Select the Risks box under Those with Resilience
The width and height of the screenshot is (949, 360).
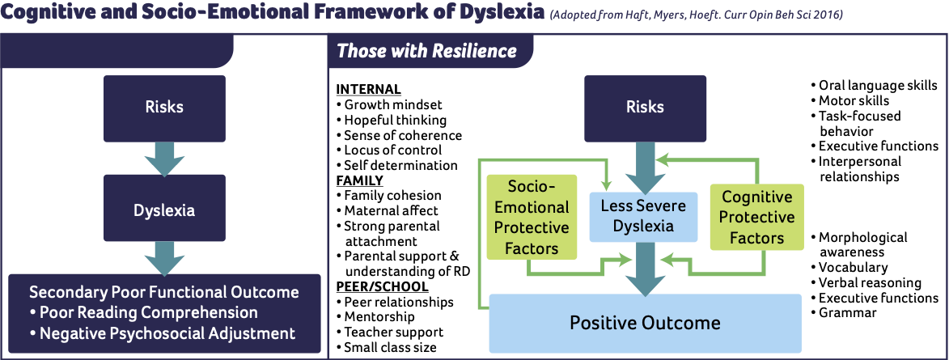[x=645, y=108]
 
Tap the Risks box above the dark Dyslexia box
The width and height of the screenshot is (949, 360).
[x=164, y=108]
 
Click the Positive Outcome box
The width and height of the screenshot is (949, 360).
[x=645, y=323]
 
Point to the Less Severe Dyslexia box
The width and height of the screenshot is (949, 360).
[x=642, y=217]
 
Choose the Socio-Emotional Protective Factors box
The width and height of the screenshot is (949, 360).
[x=531, y=217]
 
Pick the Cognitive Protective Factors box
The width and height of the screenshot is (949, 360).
[x=756, y=217]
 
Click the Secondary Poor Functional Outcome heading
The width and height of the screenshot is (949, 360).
[x=164, y=292]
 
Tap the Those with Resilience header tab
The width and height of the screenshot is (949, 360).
[x=426, y=51]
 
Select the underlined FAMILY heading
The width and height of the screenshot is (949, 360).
[x=359, y=180]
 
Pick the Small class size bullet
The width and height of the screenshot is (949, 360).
[x=386, y=347]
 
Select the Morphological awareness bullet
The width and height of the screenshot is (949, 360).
[x=858, y=244]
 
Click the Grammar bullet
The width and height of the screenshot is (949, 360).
[x=843, y=313]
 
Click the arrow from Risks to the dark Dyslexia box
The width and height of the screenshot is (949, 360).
[x=164, y=158]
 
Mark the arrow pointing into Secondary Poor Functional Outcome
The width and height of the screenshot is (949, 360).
[x=164, y=258]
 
